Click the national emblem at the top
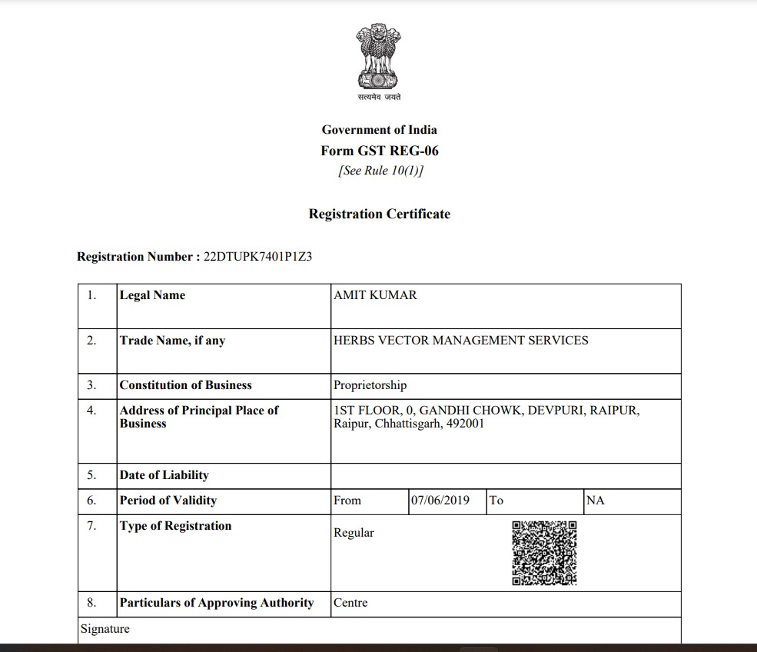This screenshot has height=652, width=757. pos(379,58)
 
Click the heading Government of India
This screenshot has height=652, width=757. pos(379,130)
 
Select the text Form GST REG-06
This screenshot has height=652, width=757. pos(380,151)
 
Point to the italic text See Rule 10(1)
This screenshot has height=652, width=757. pos(380,171)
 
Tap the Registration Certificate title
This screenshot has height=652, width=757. pos(380,214)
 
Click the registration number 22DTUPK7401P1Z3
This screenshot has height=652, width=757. pos(257,257)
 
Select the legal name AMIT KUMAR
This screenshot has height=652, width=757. pos(375,295)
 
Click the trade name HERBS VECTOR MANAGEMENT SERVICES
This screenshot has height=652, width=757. pos(461,340)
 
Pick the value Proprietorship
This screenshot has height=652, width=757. pos(370,385)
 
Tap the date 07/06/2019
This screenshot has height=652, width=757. pos(440,501)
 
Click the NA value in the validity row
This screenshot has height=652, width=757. pos(596,501)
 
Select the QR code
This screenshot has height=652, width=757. pos(544,553)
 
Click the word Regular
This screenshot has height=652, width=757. pos(354,533)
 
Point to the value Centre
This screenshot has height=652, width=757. pos(350,603)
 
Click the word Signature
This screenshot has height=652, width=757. pos(105,629)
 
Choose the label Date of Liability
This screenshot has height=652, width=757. pos(164,475)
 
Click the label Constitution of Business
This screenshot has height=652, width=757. pos(185,385)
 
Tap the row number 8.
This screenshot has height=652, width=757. pos(91,603)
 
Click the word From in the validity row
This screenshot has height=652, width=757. pos(347,501)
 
